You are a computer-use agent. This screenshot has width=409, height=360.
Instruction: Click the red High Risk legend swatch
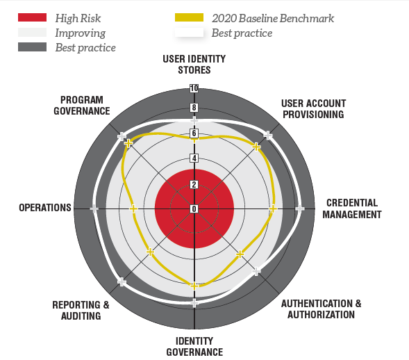click(33, 17)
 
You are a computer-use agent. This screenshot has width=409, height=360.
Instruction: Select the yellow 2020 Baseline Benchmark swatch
click(189, 17)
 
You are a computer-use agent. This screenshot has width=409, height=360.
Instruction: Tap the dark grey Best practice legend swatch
click(33, 47)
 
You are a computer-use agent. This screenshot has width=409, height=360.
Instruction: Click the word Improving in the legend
click(81, 33)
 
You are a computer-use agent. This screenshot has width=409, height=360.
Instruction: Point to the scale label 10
click(194, 88)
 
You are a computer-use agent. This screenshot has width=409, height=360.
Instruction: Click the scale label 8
click(194, 108)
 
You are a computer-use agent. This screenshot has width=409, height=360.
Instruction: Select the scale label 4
click(194, 158)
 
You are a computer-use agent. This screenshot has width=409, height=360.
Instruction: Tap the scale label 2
click(194, 185)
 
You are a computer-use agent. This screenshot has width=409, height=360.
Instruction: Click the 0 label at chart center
click(194, 209)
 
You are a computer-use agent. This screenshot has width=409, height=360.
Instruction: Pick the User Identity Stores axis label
click(194, 65)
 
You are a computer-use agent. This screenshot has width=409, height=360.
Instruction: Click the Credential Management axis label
click(352, 209)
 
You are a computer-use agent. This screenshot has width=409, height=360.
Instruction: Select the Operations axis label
click(45, 208)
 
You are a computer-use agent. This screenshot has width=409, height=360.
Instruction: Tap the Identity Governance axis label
click(194, 347)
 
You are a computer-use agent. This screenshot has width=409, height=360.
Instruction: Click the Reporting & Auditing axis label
click(81, 311)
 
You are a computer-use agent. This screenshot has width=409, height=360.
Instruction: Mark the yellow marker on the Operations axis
click(133, 209)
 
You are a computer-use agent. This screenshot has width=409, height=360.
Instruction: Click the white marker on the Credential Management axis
click(300, 209)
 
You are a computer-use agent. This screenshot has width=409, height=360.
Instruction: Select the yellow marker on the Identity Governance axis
click(194, 286)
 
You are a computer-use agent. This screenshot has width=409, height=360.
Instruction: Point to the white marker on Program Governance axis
click(122, 136)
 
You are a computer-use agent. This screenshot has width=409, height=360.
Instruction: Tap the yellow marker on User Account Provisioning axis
click(256, 147)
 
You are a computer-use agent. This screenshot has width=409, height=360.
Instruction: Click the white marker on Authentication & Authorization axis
click(256, 272)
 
